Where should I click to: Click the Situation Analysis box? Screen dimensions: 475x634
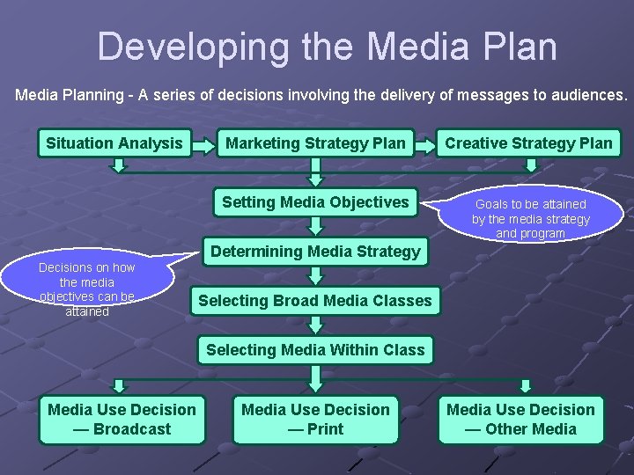click(x=114, y=143)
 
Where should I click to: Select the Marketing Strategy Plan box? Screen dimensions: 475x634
click(x=315, y=143)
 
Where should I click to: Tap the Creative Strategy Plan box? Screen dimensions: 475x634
click(x=528, y=143)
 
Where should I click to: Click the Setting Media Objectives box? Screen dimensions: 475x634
click(x=315, y=202)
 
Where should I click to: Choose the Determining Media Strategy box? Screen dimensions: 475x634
click(x=315, y=252)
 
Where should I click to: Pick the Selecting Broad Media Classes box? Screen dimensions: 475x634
click(x=315, y=301)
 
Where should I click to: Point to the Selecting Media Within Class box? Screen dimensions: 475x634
click(x=315, y=350)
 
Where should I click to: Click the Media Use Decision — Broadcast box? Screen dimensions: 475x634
click(x=122, y=419)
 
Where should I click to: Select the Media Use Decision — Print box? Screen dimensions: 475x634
click(x=315, y=419)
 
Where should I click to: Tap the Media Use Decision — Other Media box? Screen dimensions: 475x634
click(x=520, y=419)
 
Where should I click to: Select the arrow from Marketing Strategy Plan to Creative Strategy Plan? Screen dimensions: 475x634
click(x=425, y=143)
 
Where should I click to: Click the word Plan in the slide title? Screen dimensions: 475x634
click(x=518, y=47)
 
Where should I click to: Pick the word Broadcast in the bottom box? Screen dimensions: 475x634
click(x=133, y=429)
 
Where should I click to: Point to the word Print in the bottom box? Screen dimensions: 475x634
click(x=326, y=429)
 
